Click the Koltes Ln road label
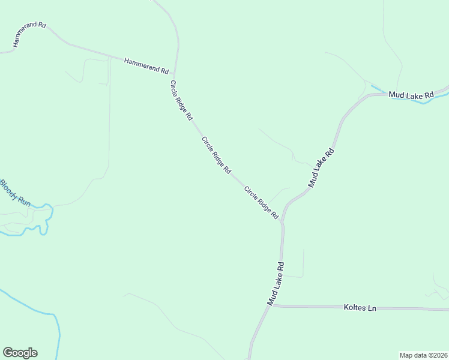tap(360, 308)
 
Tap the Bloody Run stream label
tap(15, 193)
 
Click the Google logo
tap(20, 353)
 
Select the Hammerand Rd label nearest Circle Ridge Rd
tap(146, 65)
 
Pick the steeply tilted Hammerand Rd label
tap(29, 35)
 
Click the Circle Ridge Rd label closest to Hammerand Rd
tap(181, 99)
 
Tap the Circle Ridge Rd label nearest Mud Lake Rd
tap(261, 202)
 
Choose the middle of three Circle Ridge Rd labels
tap(216, 155)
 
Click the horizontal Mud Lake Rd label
tap(411, 95)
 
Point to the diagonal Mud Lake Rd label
tap(321, 169)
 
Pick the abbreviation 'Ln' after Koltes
tap(372, 308)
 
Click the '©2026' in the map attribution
tap(436, 355)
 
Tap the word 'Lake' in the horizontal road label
tap(411, 95)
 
